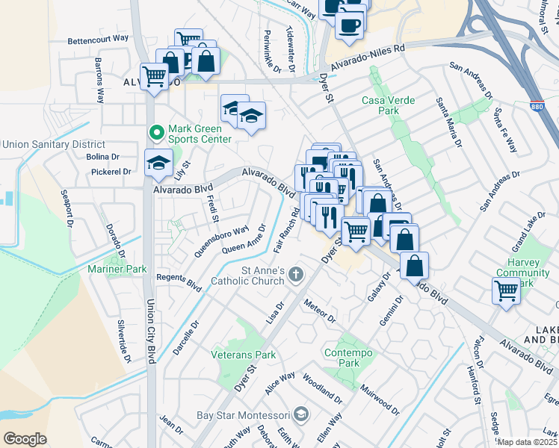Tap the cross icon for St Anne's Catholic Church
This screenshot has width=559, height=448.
296,275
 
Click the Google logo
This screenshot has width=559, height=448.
25,438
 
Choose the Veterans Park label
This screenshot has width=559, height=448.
243,355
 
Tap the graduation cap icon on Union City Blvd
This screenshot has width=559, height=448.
158,164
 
